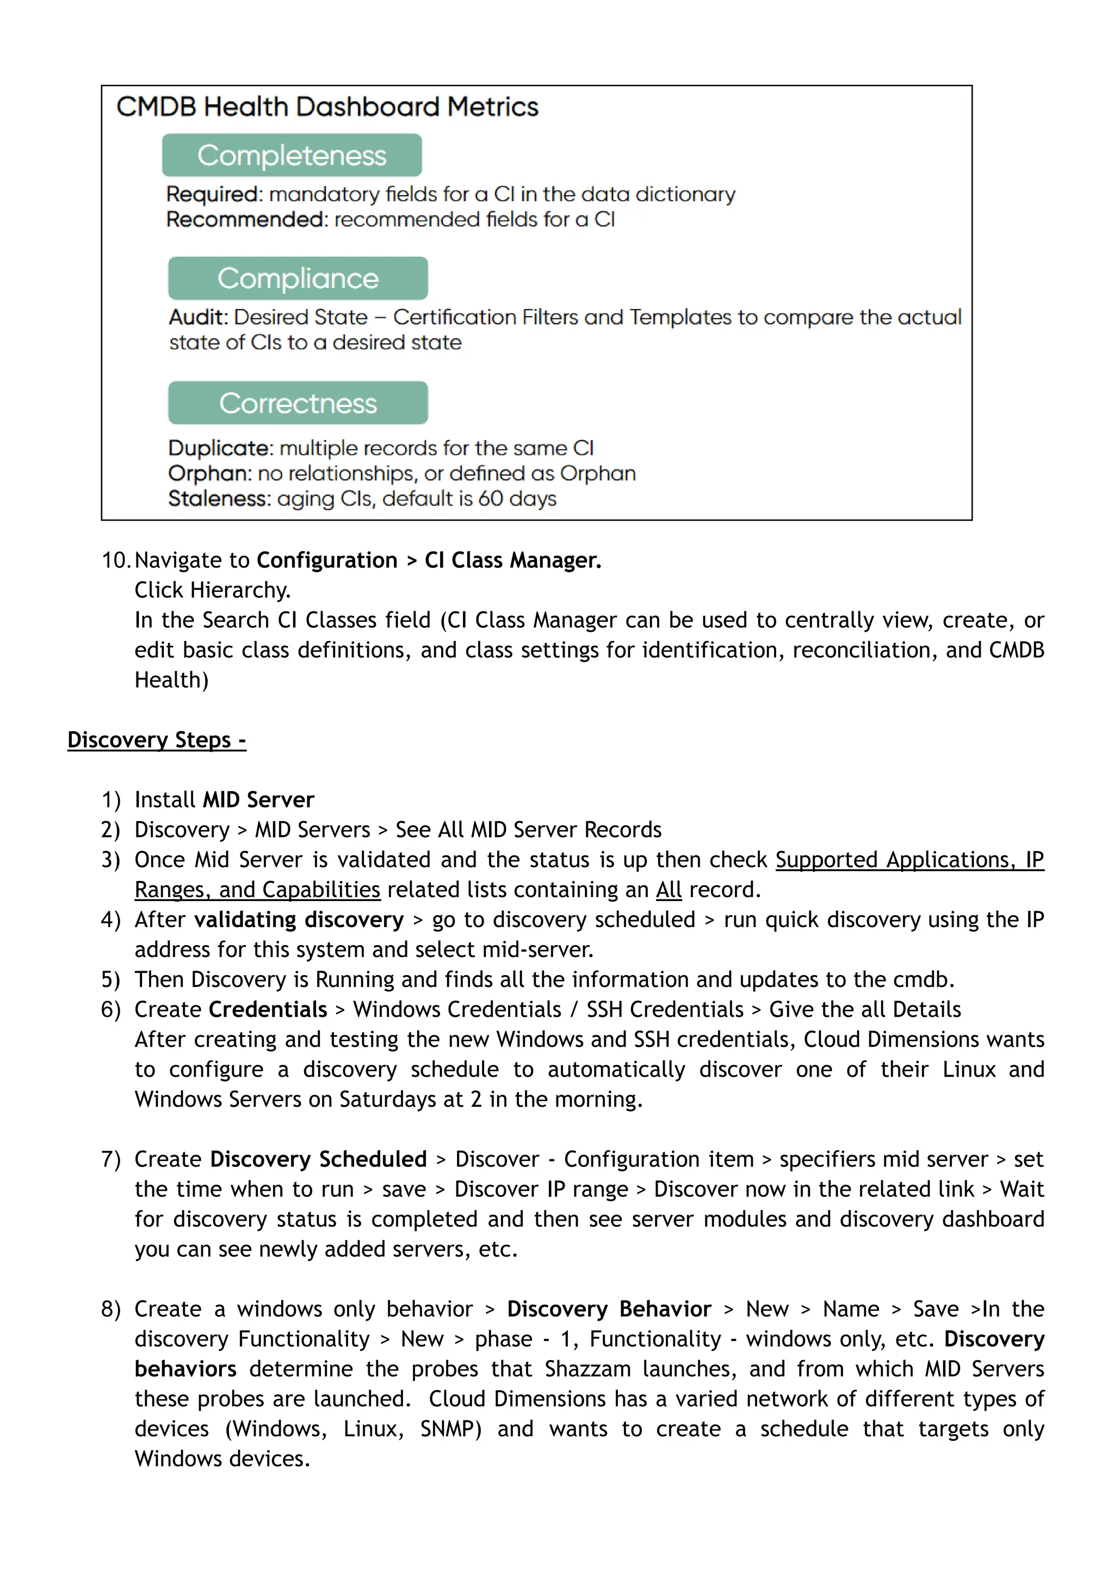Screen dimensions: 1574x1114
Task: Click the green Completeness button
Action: pos(292,155)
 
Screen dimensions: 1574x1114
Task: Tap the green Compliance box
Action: pos(298,278)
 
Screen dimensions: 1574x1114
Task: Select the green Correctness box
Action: pos(298,403)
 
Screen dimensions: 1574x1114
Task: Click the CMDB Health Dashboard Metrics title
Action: pos(327,107)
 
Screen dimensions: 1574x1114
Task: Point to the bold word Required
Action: pos(213,194)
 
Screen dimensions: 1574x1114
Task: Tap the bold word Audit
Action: pos(197,317)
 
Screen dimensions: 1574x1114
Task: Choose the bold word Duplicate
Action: pos(220,448)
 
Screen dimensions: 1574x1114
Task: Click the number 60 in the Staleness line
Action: pos(491,499)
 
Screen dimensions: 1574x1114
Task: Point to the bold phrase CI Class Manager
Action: pos(512,560)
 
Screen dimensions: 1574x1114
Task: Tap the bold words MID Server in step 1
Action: pos(258,799)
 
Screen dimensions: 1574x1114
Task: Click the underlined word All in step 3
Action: pos(668,890)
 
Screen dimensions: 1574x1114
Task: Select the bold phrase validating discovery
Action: pos(299,919)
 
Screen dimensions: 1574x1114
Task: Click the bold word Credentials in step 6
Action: pos(268,1009)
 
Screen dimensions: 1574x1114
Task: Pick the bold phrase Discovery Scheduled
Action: pos(318,1159)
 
